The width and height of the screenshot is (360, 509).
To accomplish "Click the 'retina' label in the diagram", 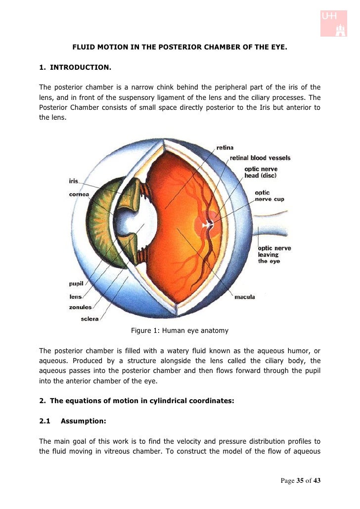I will [x=225, y=147].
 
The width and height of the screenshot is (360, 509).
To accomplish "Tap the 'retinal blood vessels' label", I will [x=260, y=158].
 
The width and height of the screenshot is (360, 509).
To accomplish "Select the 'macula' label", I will [x=244, y=297].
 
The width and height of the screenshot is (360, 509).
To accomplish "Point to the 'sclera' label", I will [x=90, y=319].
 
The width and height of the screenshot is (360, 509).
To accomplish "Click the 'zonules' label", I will [x=80, y=307].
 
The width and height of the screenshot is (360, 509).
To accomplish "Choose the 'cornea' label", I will [x=79, y=194].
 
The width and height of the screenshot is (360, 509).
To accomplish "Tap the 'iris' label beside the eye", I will [x=73, y=182].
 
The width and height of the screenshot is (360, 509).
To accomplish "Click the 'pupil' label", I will [x=76, y=283].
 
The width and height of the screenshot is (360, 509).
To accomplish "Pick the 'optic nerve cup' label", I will [x=269, y=196].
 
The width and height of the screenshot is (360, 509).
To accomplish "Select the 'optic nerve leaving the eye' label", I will [x=274, y=254].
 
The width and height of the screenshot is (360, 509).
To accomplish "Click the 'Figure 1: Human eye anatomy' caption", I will [x=180, y=330].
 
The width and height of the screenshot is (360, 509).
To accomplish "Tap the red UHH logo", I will [x=334, y=22].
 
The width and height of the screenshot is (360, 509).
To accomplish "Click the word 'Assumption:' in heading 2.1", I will [x=83, y=421].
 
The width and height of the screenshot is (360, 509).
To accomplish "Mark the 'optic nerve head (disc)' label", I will [x=261, y=172].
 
